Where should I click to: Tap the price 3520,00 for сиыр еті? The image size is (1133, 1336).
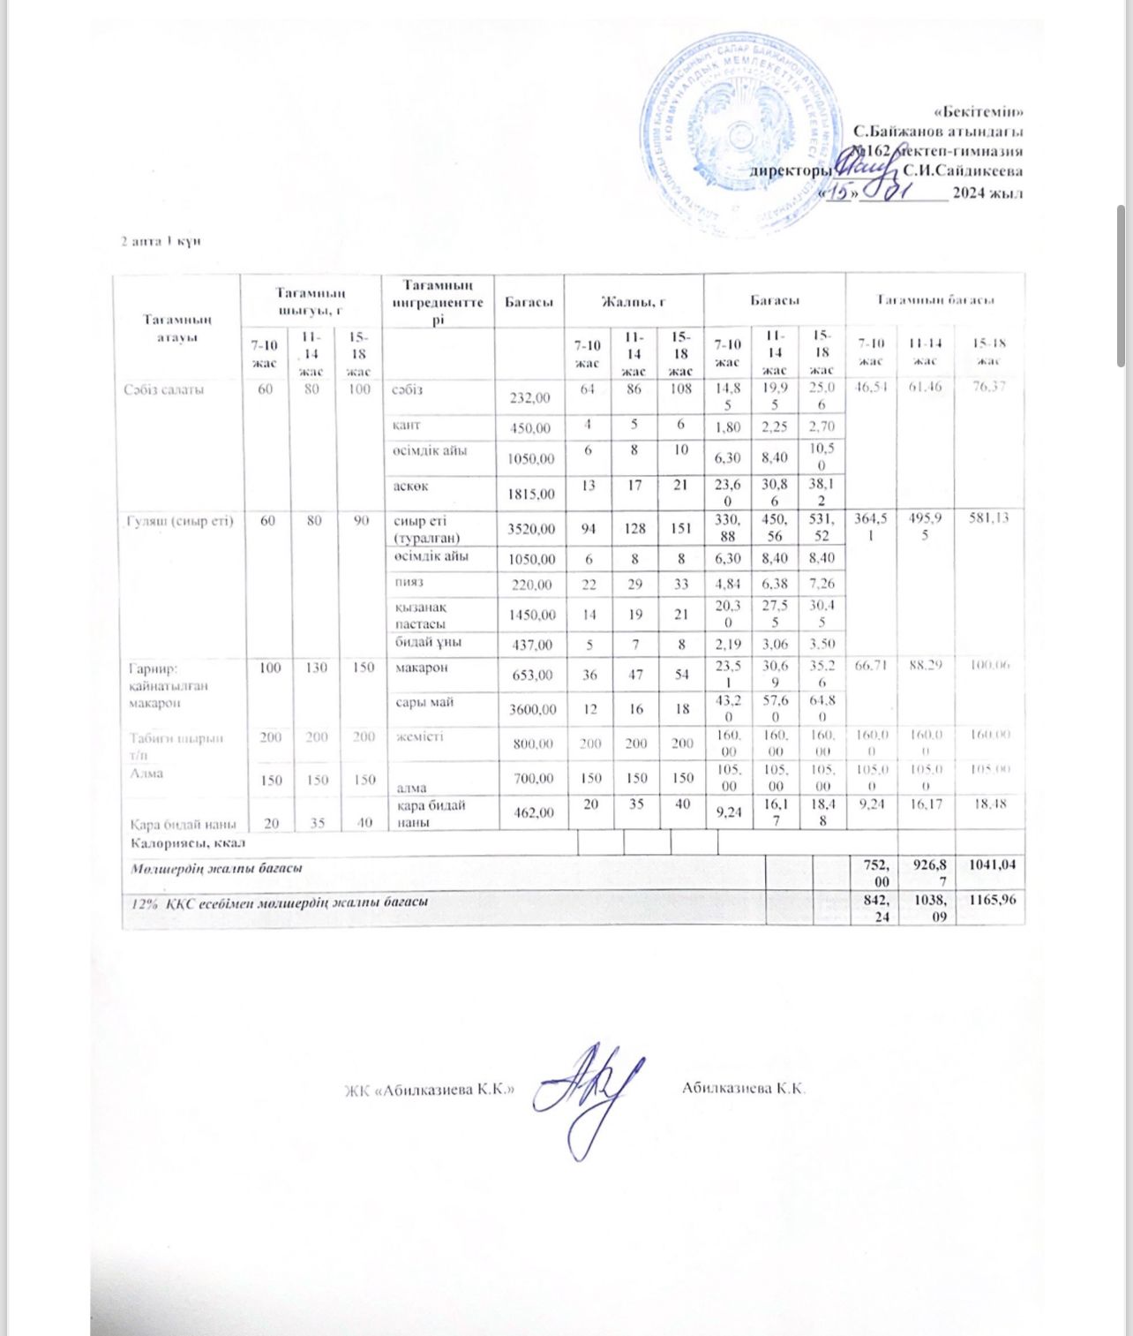pos(529,529)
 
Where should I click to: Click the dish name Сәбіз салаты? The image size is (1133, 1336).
pos(164,389)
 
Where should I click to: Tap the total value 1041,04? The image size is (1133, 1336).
pos(992,864)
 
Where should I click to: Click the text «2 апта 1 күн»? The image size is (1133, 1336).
pos(161,241)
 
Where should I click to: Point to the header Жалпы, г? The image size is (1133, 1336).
pos(633,301)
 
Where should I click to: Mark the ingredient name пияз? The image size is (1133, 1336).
pos(409,583)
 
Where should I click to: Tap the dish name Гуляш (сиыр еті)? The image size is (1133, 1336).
pos(179,521)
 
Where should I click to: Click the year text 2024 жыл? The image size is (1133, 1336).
pos(987,193)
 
